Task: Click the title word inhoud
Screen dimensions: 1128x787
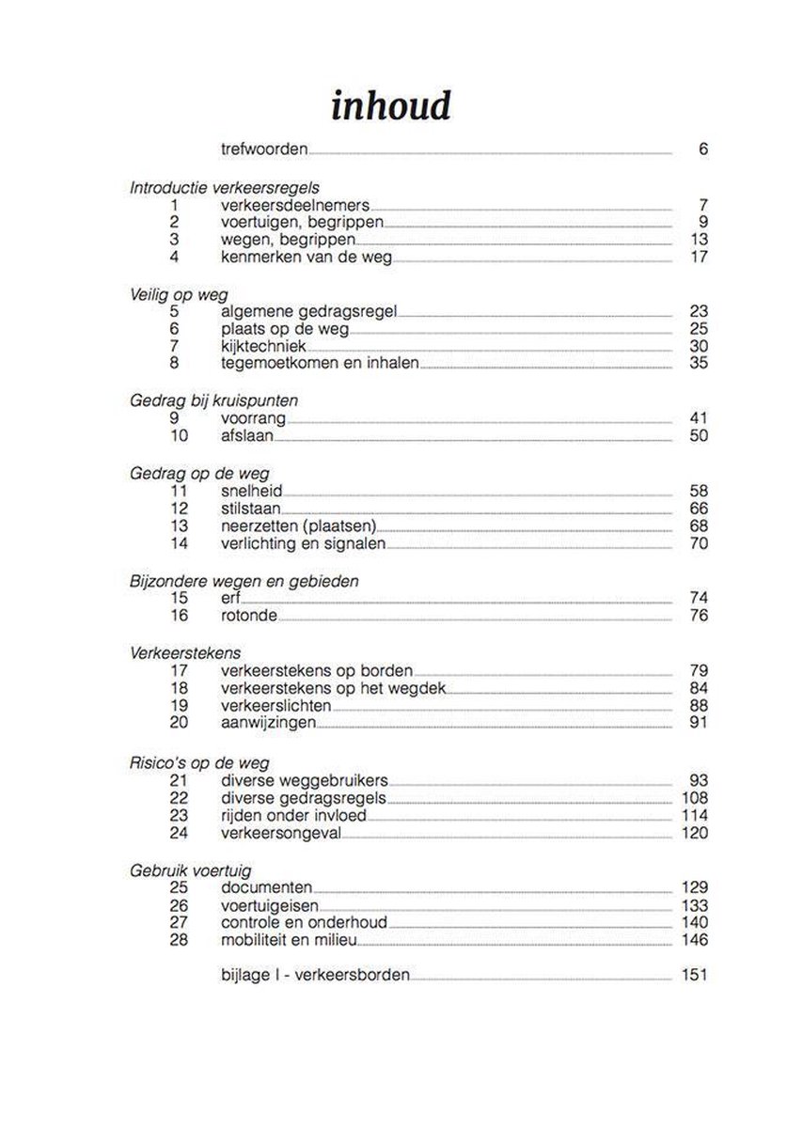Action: coord(390,106)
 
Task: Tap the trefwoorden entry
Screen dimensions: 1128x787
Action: coord(264,149)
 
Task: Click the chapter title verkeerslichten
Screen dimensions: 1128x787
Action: coord(276,705)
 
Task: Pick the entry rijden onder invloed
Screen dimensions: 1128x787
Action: coord(293,815)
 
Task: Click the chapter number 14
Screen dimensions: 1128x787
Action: coord(180,543)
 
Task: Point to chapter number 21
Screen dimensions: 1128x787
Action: coord(180,780)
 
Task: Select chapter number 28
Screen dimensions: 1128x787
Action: coord(180,939)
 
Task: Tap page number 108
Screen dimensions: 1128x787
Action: coord(693,797)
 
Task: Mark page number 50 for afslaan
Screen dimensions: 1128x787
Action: coord(698,436)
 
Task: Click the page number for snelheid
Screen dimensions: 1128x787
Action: coord(698,491)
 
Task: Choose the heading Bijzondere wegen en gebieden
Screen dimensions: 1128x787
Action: coord(244,581)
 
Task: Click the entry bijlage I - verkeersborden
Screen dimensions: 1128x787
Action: coord(315,975)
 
